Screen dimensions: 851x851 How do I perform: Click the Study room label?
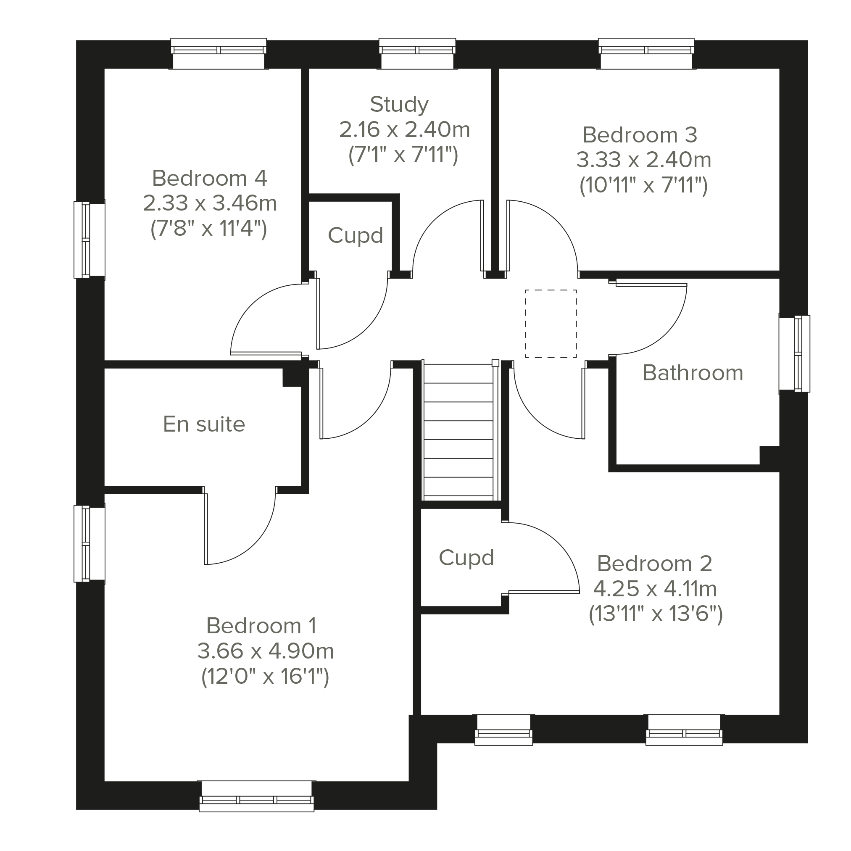point(399,105)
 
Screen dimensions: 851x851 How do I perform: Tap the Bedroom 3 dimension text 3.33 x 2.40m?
point(643,160)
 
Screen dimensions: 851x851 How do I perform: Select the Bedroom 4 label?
point(210,178)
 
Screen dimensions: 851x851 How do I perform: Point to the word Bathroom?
point(693,373)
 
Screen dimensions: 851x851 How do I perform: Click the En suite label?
point(204,424)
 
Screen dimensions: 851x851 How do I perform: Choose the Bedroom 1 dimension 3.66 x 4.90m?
point(265,651)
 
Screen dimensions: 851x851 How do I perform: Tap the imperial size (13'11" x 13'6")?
point(656,614)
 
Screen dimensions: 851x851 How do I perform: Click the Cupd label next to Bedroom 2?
point(466,558)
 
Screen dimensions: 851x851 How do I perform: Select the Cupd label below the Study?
point(355,235)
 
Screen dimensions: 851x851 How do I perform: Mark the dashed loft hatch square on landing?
point(551,324)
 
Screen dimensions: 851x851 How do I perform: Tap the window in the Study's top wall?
point(417,54)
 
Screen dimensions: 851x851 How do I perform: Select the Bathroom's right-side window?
point(794,354)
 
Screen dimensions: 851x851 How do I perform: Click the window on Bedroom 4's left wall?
point(90,240)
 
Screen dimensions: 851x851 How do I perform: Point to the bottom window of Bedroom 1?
point(256,796)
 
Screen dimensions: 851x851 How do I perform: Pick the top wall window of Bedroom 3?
point(646,54)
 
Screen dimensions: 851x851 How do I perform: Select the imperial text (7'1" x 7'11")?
point(403,155)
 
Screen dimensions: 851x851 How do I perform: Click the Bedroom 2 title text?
point(655,564)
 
